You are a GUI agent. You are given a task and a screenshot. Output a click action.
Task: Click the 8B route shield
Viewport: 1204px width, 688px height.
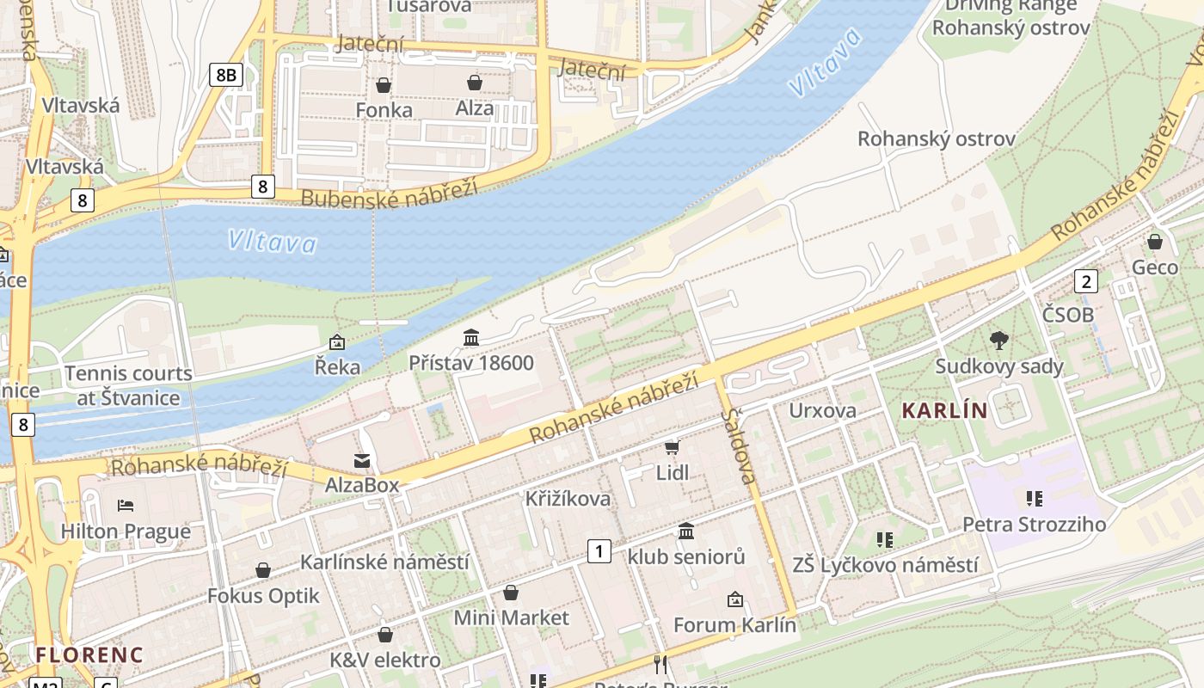(225, 75)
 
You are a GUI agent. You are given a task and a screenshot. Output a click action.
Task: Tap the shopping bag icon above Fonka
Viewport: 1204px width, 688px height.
(384, 85)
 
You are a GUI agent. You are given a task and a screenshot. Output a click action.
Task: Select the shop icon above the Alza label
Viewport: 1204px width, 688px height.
(474, 83)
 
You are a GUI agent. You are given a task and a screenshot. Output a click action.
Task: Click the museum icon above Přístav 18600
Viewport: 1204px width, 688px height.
(471, 338)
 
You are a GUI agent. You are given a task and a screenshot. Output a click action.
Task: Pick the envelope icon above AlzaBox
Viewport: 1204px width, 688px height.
(362, 461)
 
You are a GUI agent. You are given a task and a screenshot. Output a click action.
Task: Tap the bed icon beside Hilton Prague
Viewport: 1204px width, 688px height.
(126, 505)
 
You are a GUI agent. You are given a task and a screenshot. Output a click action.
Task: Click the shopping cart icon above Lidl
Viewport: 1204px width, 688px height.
(673, 447)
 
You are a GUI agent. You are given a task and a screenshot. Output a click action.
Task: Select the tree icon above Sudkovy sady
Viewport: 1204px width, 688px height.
(998, 341)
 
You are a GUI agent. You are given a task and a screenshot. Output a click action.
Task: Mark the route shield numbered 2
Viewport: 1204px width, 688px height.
(1086, 280)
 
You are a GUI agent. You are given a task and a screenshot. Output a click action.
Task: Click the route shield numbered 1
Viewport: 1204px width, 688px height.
(599, 551)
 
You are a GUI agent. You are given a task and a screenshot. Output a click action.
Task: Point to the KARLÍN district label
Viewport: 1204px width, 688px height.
(944, 411)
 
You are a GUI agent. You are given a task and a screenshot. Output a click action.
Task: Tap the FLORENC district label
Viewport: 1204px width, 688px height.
(89, 654)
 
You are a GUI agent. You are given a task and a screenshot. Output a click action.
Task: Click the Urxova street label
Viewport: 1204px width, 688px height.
(822, 410)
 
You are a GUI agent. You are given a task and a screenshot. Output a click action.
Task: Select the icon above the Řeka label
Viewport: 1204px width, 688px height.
(337, 342)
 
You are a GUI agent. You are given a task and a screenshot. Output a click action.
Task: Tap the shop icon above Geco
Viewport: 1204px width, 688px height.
(1155, 242)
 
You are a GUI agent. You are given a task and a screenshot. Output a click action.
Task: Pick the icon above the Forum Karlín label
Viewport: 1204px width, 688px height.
(734, 599)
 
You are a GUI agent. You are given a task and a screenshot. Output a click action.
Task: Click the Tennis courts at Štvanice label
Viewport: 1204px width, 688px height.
(128, 385)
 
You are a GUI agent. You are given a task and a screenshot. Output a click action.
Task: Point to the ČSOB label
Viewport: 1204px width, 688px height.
(1068, 315)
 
